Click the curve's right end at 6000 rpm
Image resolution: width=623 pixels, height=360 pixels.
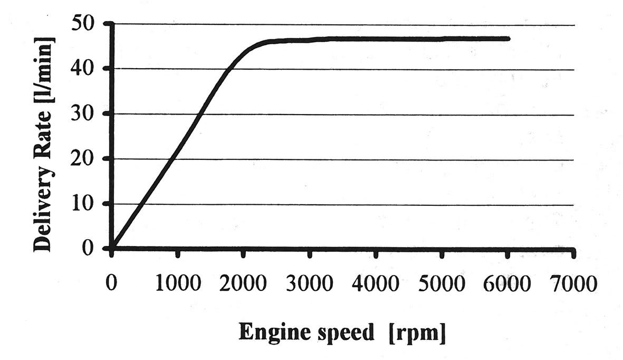coord(509,39)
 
